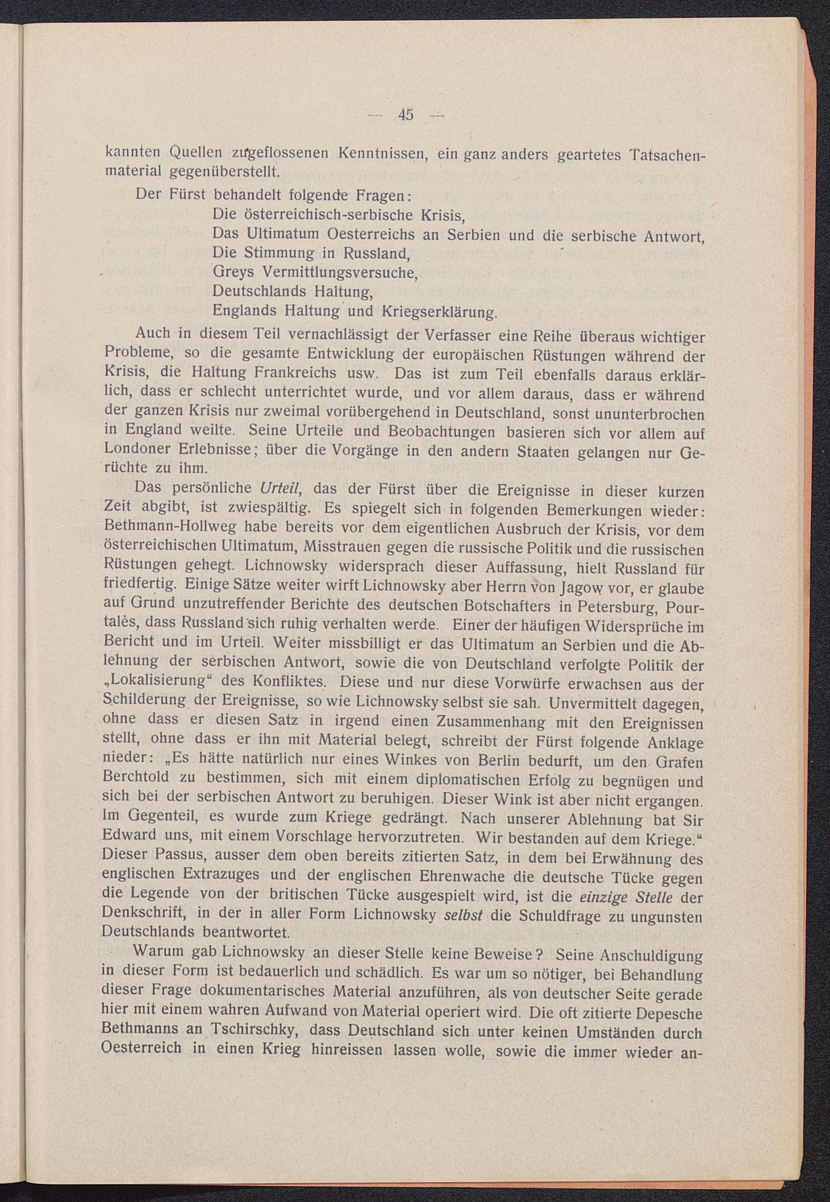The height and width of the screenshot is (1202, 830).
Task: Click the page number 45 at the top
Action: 405,114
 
